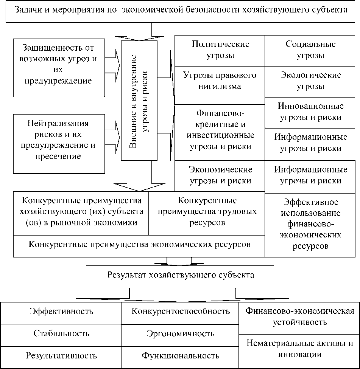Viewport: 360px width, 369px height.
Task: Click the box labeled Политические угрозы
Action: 220,50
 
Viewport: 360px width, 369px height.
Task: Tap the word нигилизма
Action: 220,86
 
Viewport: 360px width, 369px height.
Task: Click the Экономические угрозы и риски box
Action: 220,175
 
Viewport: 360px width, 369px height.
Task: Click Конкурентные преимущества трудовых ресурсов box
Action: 207,212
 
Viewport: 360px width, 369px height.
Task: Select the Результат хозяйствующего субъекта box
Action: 180,275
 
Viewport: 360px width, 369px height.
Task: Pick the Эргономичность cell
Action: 180,333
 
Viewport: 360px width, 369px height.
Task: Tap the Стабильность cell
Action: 61,333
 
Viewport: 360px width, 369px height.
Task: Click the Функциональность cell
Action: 180,355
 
